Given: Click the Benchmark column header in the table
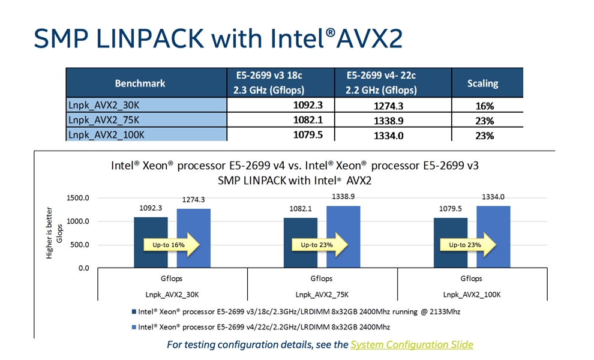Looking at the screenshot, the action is point(140,83).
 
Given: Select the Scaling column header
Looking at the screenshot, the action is point(482,83).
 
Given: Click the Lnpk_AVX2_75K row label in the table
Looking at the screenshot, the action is point(104,120).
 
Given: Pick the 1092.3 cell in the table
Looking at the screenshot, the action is point(308,105).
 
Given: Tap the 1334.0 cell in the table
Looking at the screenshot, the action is point(388,135).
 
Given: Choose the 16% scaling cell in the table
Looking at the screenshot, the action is point(485,106).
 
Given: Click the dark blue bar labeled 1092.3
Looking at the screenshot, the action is point(151,242).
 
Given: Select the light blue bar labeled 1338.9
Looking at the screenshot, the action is point(343,237).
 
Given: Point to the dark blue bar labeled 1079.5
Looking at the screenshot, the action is point(451,243).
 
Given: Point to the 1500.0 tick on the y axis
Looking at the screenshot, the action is point(78,198).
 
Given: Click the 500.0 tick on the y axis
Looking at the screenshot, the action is point(80,245).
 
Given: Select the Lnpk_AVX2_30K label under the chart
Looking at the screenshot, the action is point(172,295).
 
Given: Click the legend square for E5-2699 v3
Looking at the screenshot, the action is point(134,312).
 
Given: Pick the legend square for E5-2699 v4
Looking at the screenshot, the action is point(134,327).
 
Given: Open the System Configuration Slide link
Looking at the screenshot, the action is point(412,345).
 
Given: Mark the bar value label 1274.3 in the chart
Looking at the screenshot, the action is point(193,200).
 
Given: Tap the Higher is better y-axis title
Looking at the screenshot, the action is point(49,233).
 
